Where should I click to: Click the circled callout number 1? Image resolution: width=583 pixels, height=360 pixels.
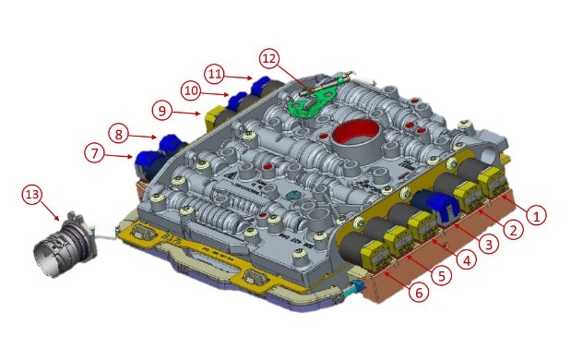tap(536, 215)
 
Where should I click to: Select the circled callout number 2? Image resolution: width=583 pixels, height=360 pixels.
tap(513, 230)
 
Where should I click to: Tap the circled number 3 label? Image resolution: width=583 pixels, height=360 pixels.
tap(489, 244)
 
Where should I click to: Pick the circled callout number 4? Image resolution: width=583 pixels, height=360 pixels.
tap(466, 259)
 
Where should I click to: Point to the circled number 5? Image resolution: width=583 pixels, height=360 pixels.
tap(441, 276)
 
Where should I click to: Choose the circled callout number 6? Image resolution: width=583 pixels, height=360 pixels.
tap(419, 293)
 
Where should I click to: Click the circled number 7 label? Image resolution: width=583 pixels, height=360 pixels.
tap(95, 153)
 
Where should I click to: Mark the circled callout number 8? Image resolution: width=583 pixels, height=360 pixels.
tap(119, 134)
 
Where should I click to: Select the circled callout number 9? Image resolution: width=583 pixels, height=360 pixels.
tap(162, 111)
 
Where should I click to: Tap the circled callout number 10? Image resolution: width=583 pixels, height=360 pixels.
tap(191, 90)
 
